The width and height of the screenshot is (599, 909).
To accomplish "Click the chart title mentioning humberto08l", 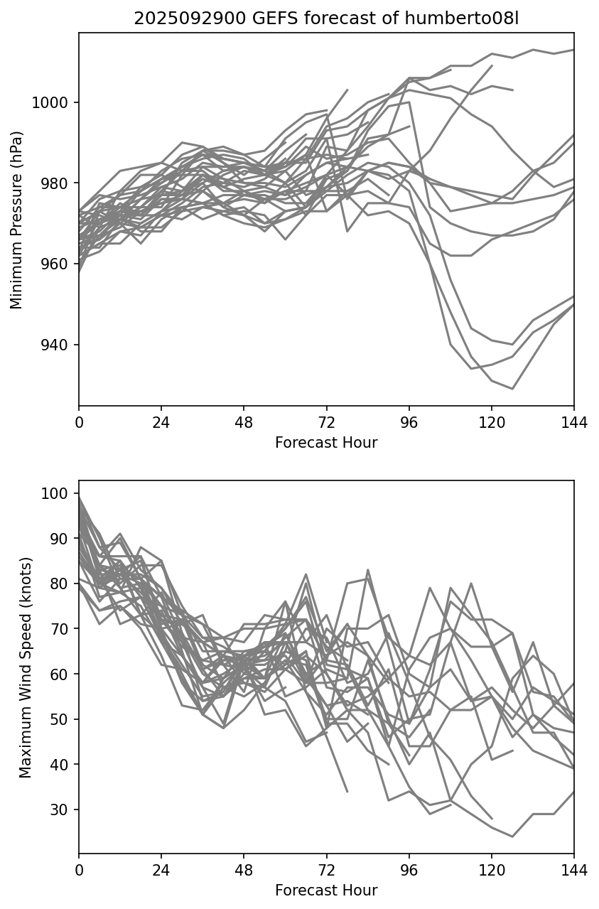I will pos(326,18).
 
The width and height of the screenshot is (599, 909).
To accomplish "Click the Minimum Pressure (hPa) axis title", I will pos(17,220).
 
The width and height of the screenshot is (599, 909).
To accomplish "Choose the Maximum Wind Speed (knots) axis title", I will pos(26,667).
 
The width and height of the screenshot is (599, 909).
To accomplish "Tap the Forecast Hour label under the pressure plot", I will pos(326,443).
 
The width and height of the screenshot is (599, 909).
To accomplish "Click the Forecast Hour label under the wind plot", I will pos(326,891).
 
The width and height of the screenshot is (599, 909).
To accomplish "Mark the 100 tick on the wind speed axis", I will pos(59,493).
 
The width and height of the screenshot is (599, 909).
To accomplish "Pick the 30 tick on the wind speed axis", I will pos(63,810).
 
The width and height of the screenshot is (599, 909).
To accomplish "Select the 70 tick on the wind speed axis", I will pos(63,629).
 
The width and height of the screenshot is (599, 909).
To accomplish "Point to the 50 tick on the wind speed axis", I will pos(63,719).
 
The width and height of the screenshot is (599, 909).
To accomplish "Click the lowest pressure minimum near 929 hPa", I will pos(512,389).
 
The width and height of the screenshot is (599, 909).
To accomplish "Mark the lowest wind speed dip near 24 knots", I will pos(512,837).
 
